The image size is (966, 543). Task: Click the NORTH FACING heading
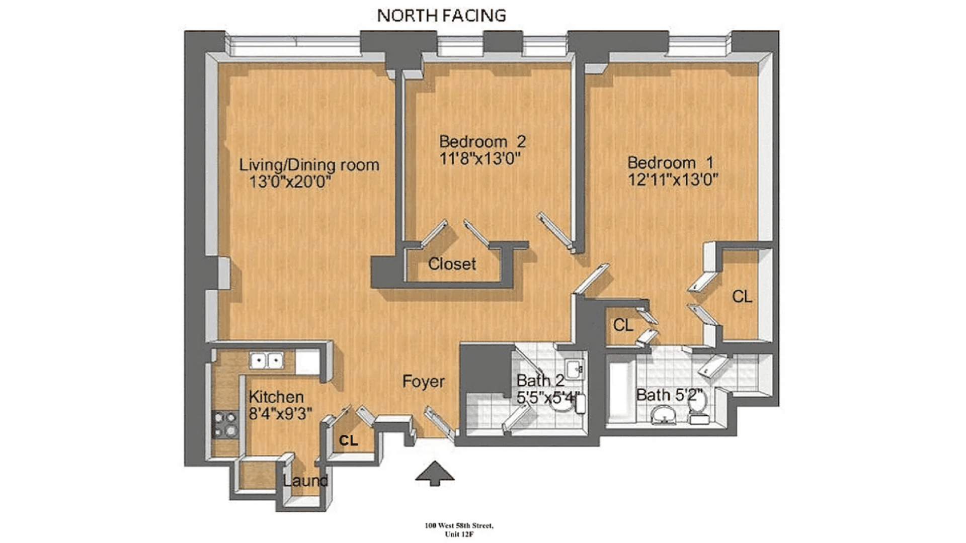tap(441, 16)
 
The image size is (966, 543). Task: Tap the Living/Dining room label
tap(309, 165)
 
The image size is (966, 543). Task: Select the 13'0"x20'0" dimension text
tap(290, 182)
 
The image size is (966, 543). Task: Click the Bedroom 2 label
tap(482, 141)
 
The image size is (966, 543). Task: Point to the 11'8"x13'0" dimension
tap(479, 158)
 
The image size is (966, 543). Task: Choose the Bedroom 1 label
tap(670, 162)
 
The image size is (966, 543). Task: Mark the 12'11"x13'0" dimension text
tap(673, 179)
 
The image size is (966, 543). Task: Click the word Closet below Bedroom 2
tap(452, 263)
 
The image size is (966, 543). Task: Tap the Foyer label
tap(423, 382)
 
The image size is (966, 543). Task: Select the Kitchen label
tap(276, 397)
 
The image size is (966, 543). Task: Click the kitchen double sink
tap(267, 360)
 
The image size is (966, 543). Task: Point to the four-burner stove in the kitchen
tap(225, 425)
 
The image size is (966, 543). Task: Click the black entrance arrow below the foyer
tap(435, 474)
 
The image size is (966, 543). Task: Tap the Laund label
tap(305, 481)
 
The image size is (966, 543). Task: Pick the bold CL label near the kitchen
tap(348, 441)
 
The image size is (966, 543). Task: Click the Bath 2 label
tap(540, 381)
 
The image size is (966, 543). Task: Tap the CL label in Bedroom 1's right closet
tap(742, 297)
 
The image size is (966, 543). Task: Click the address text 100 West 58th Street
tap(459, 525)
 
